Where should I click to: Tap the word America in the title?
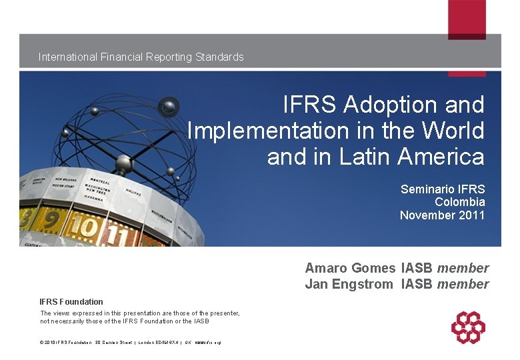click(x=441, y=157)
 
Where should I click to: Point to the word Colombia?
click(x=460, y=202)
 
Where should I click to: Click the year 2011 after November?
click(x=472, y=215)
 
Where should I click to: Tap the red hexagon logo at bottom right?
click(x=468, y=327)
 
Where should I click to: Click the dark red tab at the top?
click(x=467, y=19)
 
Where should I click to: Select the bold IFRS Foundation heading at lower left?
click(x=71, y=302)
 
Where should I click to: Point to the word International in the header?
click(x=68, y=57)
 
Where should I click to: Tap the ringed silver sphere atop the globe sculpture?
click(x=168, y=105)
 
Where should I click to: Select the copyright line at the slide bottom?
click(x=130, y=343)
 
